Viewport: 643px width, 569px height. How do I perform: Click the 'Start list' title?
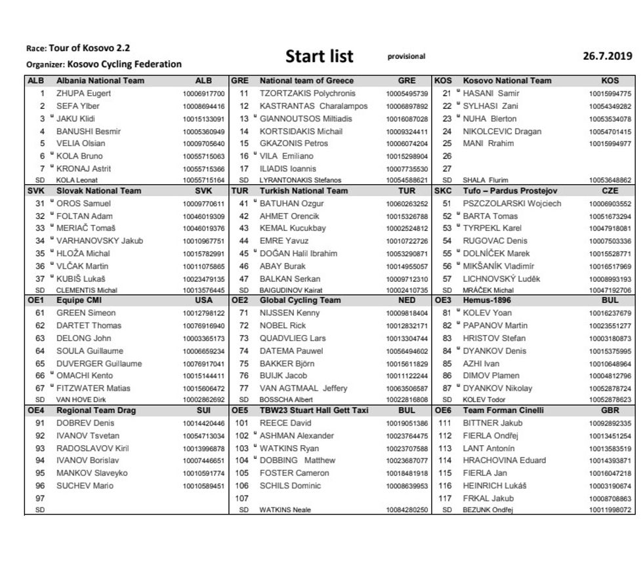[x=320, y=56]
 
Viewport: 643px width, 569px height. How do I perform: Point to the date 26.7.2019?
[x=608, y=56]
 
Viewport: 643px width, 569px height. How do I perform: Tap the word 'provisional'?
[x=406, y=56]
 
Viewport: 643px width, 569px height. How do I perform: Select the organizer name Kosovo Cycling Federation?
[x=124, y=64]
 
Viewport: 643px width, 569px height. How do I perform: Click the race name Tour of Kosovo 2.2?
[x=89, y=49]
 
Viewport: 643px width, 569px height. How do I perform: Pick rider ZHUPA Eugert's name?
[x=83, y=94]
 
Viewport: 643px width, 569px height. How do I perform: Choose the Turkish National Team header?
[x=304, y=191]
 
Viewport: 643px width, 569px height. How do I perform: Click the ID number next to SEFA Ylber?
[x=203, y=106]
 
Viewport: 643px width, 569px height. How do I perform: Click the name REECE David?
[x=285, y=423]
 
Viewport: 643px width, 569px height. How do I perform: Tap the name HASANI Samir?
[x=491, y=94]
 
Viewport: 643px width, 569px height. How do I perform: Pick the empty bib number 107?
[x=241, y=498]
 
